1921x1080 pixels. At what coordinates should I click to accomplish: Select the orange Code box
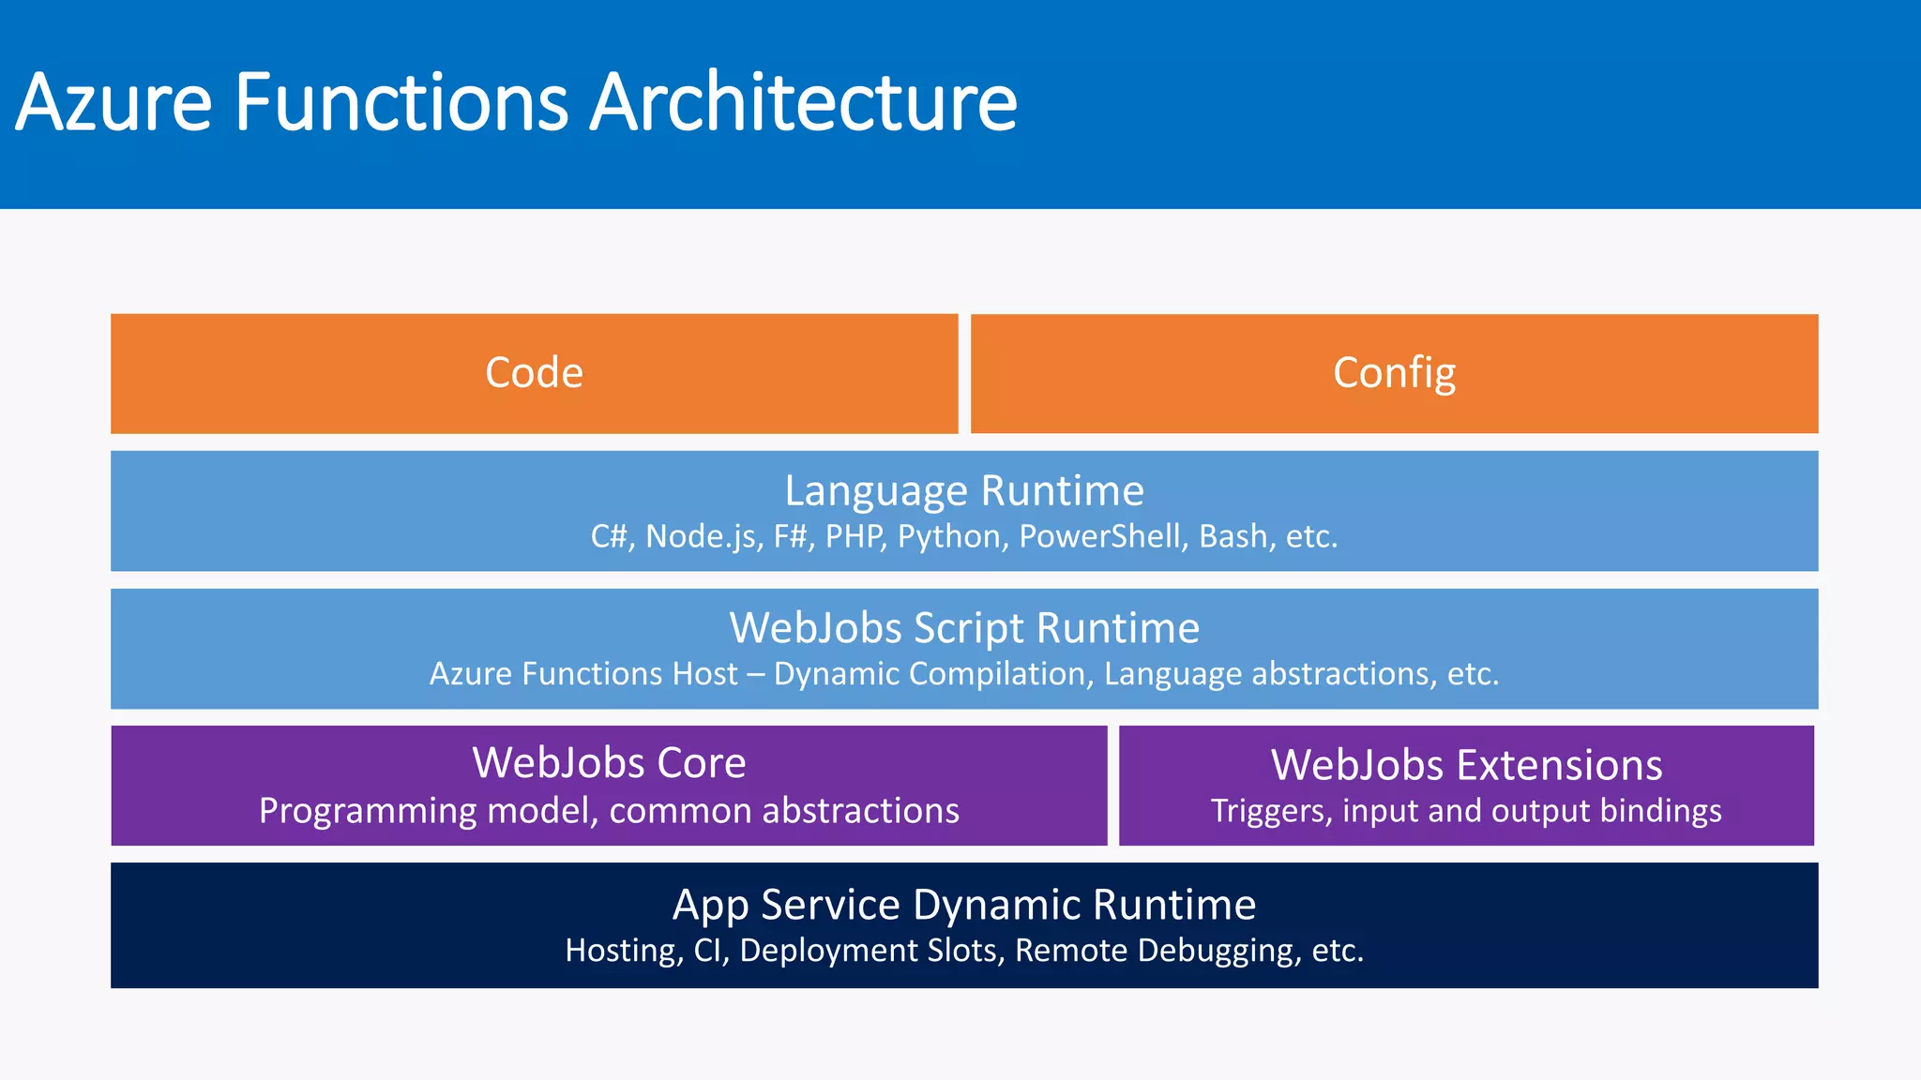click(x=534, y=373)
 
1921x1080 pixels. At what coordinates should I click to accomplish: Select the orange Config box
click(x=1394, y=373)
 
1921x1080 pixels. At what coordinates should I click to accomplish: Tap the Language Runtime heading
click(x=964, y=490)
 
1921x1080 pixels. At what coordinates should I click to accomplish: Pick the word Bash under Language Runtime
click(x=1233, y=536)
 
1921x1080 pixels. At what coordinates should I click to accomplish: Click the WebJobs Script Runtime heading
click(x=964, y=627)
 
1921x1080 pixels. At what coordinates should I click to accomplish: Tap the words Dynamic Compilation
click(x=929, y=674)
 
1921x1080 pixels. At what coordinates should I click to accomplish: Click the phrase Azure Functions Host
click(x=583, y=674)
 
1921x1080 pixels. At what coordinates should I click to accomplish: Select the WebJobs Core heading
click(x=609, y=762)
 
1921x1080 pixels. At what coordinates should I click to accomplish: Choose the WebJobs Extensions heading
click(x=1466, y=765)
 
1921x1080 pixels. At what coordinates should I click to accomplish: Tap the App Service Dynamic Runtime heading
click(x=964, y=905)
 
